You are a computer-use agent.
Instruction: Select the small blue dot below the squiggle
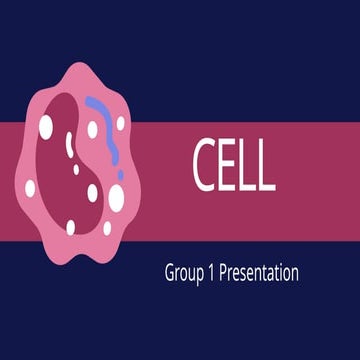coord(121,174)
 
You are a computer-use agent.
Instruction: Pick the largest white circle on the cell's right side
coord(116,199)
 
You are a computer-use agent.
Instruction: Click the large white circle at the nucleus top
coord(47,125)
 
